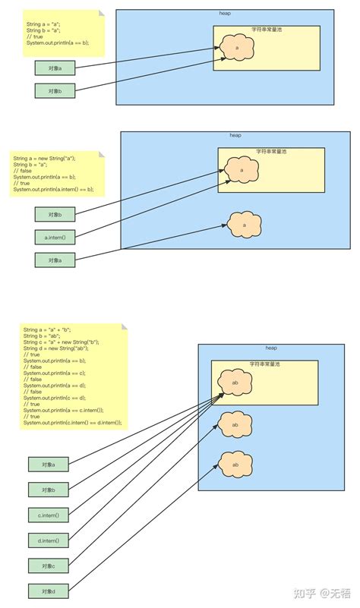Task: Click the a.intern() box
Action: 55,237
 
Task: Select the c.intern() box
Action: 48,515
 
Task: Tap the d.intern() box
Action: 48,540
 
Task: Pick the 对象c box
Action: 48,565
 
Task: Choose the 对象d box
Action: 48,591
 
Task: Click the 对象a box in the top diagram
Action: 55,68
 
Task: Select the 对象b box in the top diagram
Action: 55,91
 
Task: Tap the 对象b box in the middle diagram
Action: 55,214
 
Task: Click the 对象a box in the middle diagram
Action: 55,260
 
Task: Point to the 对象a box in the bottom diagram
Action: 48,464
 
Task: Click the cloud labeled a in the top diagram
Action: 237,47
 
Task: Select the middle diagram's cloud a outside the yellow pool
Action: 244,225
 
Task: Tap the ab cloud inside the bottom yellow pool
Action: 235,383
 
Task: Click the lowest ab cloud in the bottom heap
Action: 235,464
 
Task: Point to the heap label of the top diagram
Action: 225,14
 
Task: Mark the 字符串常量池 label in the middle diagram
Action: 271,152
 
